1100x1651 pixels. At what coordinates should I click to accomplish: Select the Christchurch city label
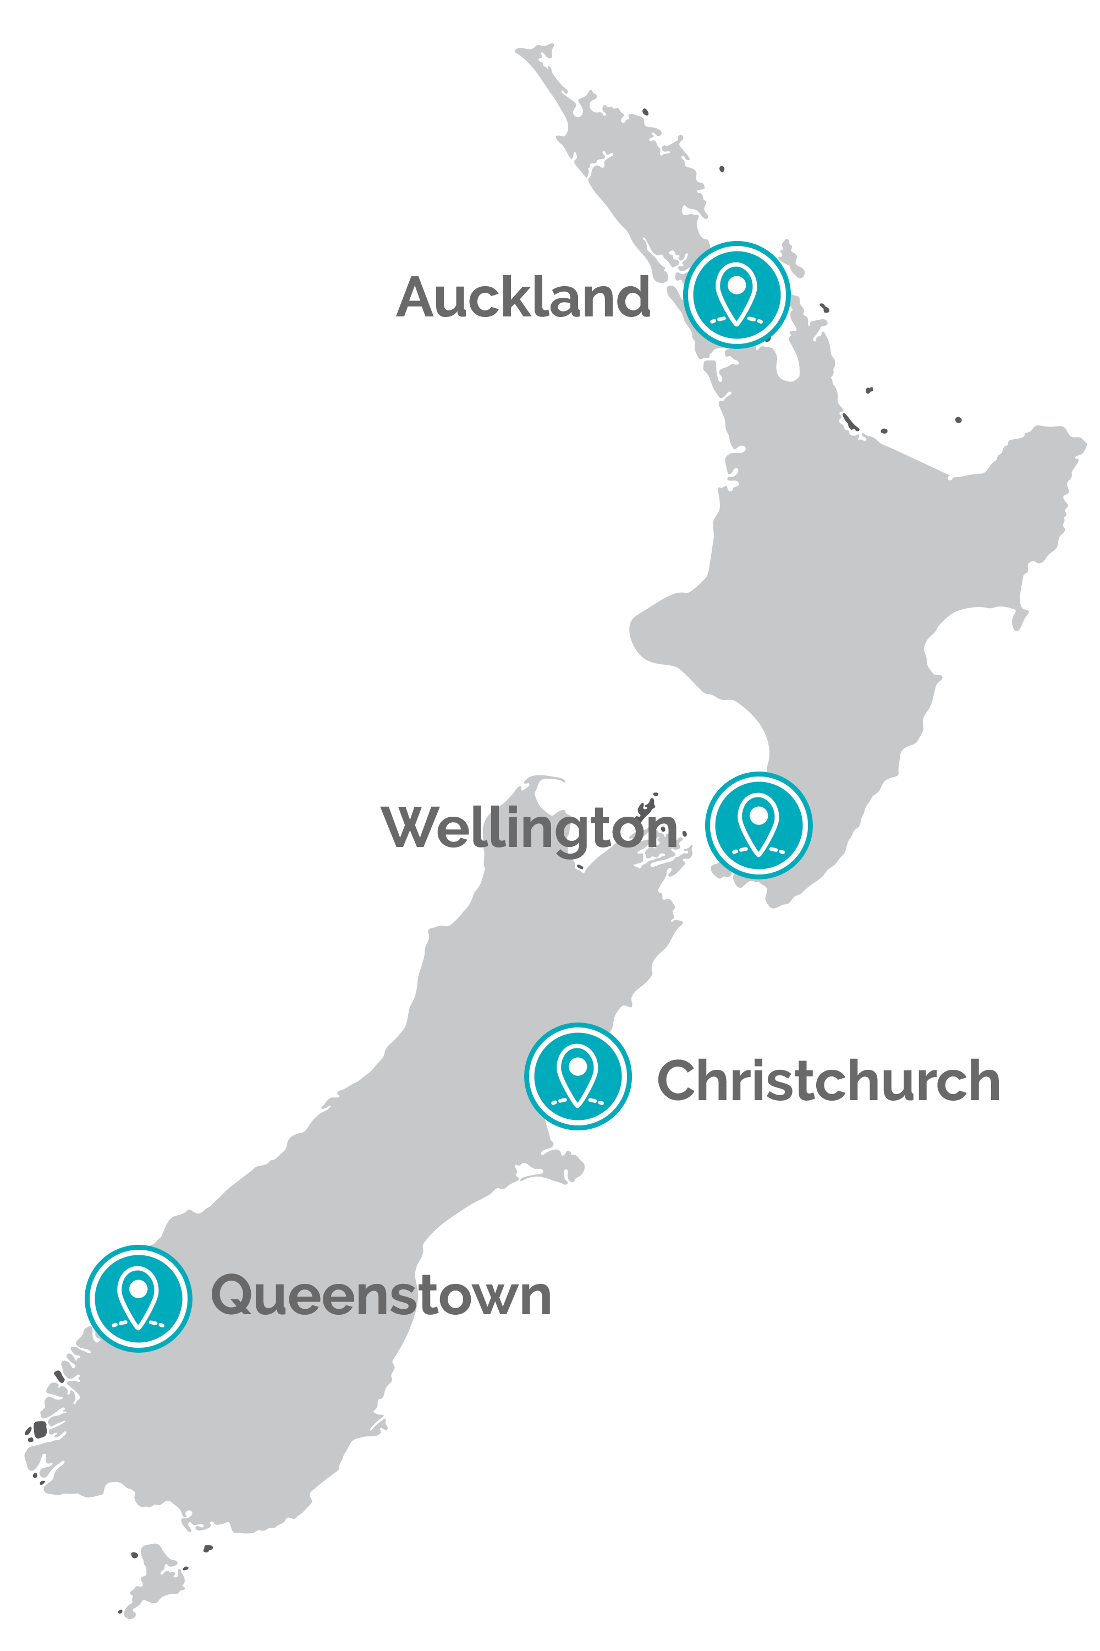(828, 1081)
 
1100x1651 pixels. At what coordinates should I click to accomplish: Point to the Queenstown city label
(381, 1295)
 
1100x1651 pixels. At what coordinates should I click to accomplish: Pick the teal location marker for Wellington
(758, 825)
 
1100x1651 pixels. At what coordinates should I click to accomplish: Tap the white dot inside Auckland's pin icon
(736, 285)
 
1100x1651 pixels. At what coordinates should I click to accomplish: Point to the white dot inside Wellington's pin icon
(758, 815)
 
